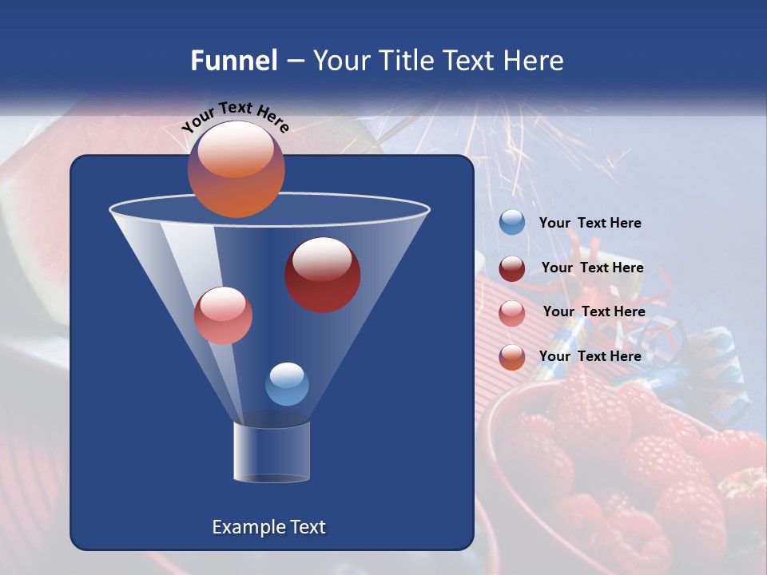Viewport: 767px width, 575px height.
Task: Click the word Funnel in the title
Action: tap(233, 61)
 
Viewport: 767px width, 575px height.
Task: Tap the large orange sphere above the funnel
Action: tap(236, 169)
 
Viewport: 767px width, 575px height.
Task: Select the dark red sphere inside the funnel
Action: tap(323, 275)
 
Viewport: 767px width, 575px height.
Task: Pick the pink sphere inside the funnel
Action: tap(223, 315)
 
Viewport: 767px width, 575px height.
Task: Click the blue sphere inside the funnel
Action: tap(287, 384)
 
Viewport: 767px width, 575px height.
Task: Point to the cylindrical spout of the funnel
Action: tap(272, 452)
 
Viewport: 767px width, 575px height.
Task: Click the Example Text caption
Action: tap(269, 527)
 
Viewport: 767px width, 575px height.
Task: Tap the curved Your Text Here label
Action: tap(235, 117)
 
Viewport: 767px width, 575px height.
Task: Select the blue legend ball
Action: tap(512, 223)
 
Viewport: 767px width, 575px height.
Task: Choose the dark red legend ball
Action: tap(512, 268)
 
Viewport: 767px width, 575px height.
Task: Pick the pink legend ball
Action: tap(512, 312)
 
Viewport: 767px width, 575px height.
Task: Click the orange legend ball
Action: tap(512, 357)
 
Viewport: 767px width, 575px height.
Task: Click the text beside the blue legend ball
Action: tap(590, 224)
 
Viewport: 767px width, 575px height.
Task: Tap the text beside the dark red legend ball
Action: tap(593, 268)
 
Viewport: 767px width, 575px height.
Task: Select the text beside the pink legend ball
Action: tap(594, 312)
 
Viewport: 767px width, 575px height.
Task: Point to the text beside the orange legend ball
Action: tap(590, 356)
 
